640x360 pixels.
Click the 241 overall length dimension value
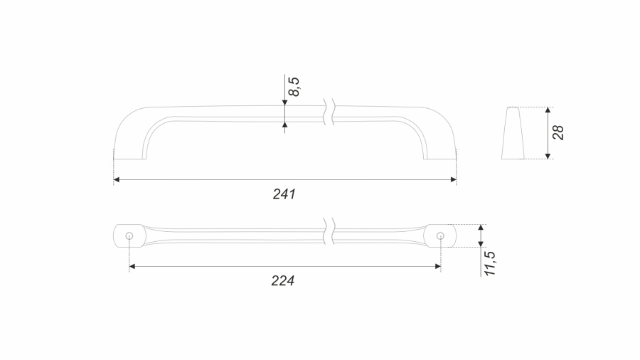[x=284, y=194]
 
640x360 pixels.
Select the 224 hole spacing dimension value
[x=283, y=281]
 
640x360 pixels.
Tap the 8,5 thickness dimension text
[x=294, y=87]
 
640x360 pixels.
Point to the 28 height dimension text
[x=558, y=132]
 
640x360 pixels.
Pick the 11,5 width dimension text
[x=490, y=263]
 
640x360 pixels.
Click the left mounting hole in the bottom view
[x=129, y=235]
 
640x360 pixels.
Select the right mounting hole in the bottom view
[x=440, y=235]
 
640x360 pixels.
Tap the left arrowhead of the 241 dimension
[x=117, y=179]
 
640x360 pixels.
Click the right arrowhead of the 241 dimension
[x=453, y=179]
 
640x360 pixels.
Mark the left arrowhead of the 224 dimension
[x=132, y=267]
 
